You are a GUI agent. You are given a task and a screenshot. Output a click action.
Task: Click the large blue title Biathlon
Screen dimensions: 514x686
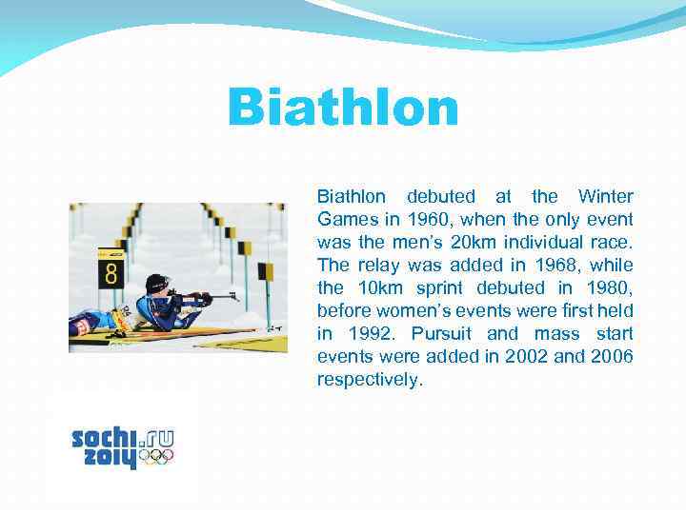[343, 109]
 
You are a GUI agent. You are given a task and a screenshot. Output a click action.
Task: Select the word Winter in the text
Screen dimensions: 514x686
[606, 197]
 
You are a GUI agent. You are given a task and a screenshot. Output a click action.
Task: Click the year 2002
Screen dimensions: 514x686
[528, 357]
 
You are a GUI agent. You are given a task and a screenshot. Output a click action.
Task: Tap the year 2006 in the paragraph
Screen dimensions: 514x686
[610, 357]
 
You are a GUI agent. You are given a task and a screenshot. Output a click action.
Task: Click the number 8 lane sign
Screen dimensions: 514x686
[111, 270]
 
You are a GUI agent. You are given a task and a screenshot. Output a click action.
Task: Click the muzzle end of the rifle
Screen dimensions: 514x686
[235, 296]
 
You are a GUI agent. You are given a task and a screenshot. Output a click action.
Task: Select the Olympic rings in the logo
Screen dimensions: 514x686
[156, 458]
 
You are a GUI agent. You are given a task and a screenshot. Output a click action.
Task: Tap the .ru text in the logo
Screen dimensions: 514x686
[156, 439]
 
